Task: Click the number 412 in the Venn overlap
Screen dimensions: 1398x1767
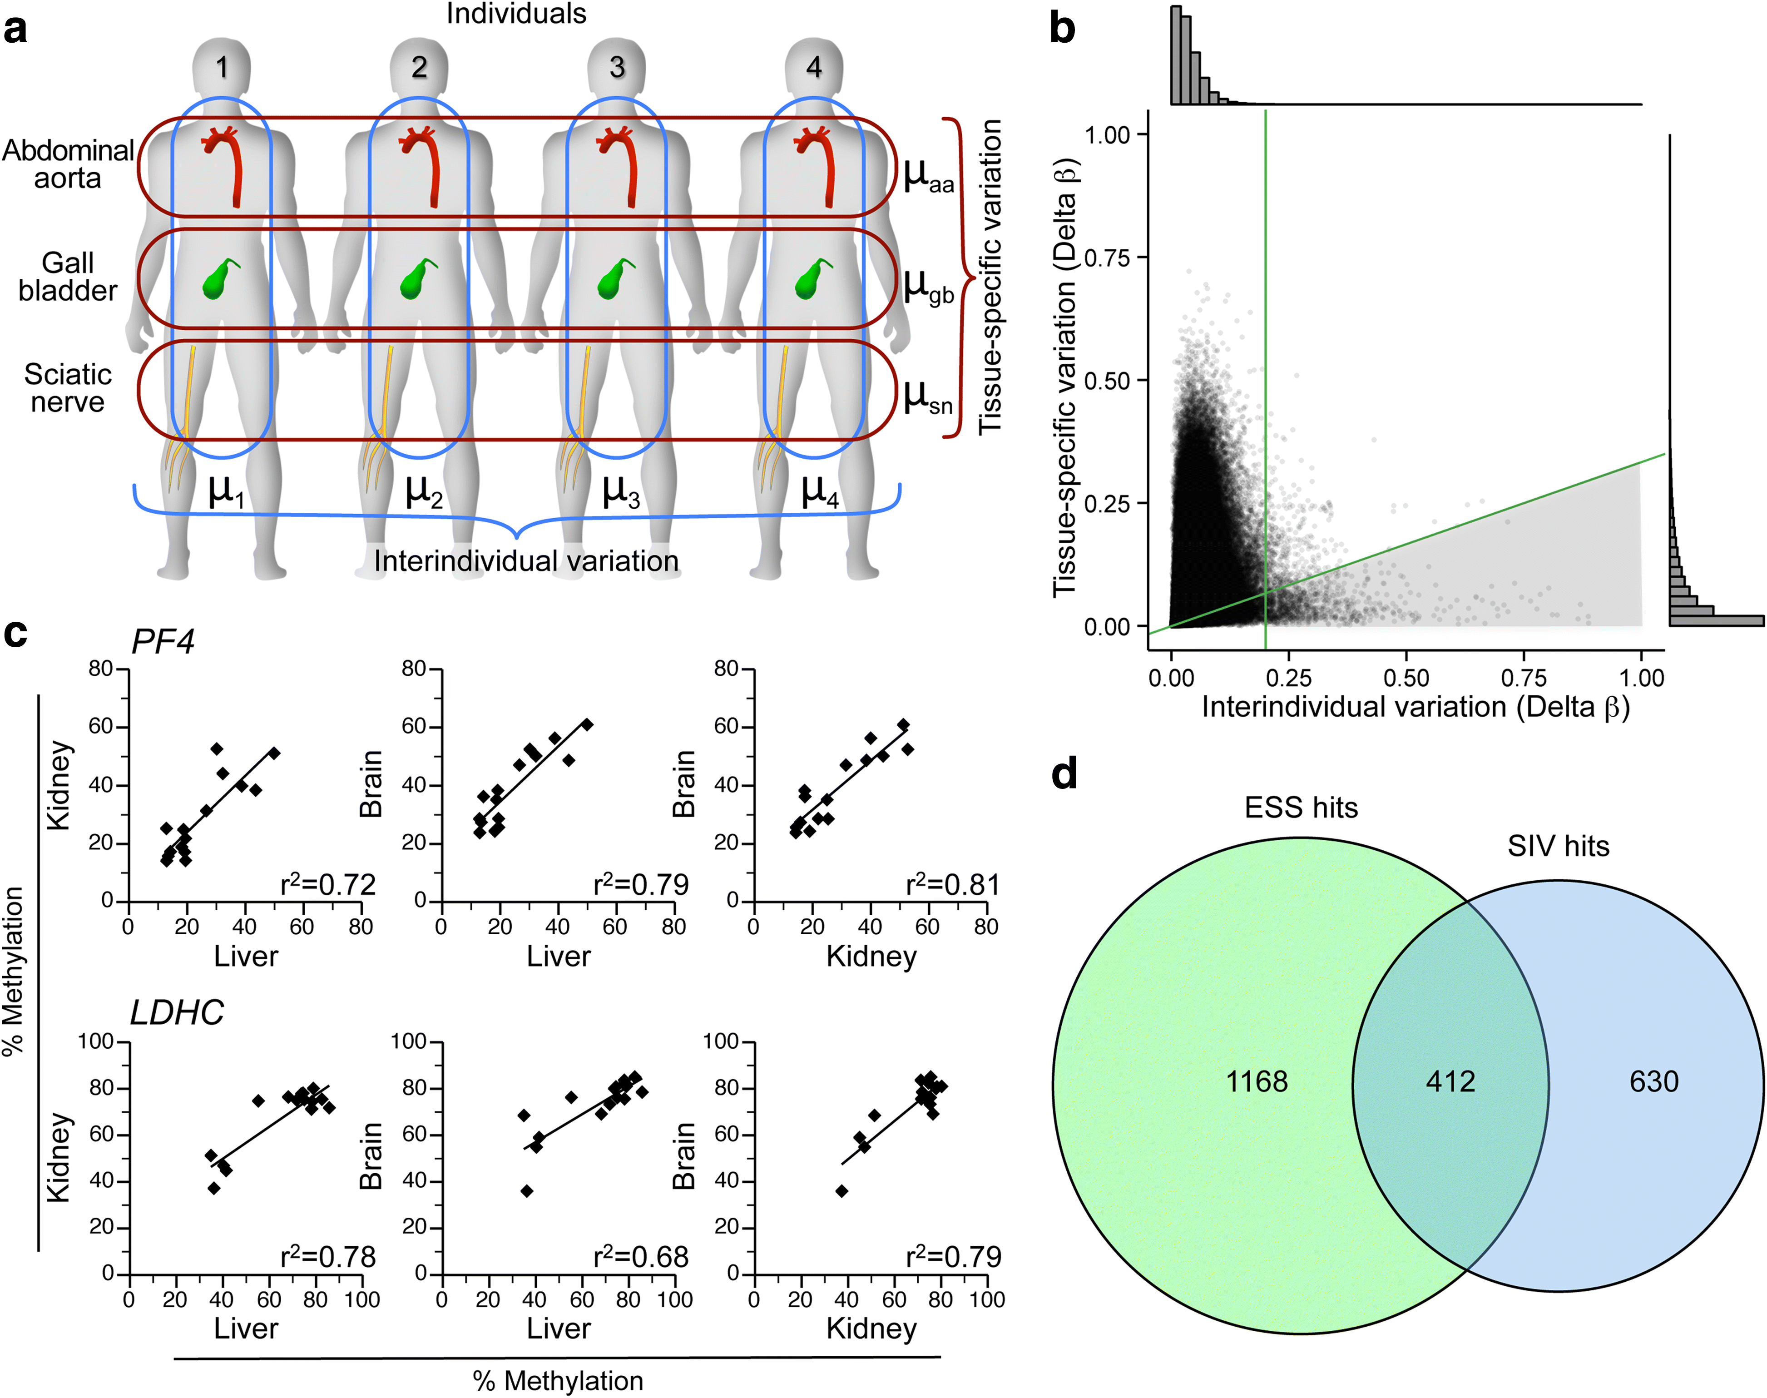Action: point(1450,1081)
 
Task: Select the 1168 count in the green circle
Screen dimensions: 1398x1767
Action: point(1256,1081)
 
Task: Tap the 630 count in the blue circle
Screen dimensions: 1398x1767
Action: point(1653,1081)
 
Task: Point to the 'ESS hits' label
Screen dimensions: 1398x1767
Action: point(1301,808)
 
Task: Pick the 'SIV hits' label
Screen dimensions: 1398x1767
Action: point(1558,846)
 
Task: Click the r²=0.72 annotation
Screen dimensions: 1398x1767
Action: point(327,885)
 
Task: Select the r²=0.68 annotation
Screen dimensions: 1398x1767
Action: point(641,1256)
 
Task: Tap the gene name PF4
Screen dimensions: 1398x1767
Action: point(163,642)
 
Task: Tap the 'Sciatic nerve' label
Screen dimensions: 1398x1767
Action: point(68,388)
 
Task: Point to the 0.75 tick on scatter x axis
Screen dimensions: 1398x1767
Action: point(1523,678)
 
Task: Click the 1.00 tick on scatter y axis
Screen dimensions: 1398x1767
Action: point(1107,134)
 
